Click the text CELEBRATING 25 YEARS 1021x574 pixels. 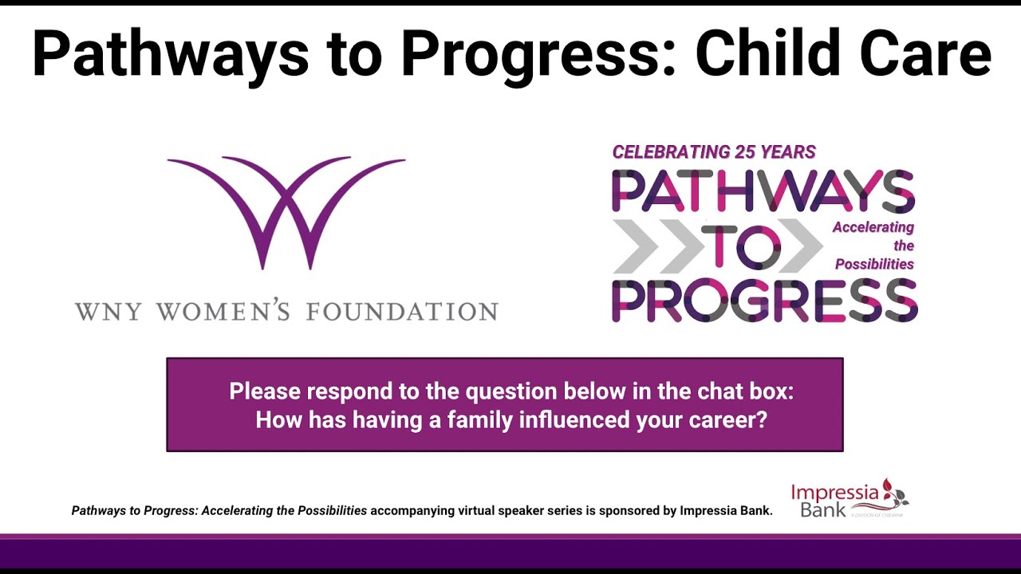pos(714,151)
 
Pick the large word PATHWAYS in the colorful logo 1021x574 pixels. pos(763,191)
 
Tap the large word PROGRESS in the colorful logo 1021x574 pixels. pos(764,301)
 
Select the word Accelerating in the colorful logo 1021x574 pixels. pos(873,227)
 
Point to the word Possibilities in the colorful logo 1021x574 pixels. pos(874,264)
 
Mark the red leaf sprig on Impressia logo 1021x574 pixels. pos(894,493)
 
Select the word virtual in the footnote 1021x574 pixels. pos(481,511)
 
